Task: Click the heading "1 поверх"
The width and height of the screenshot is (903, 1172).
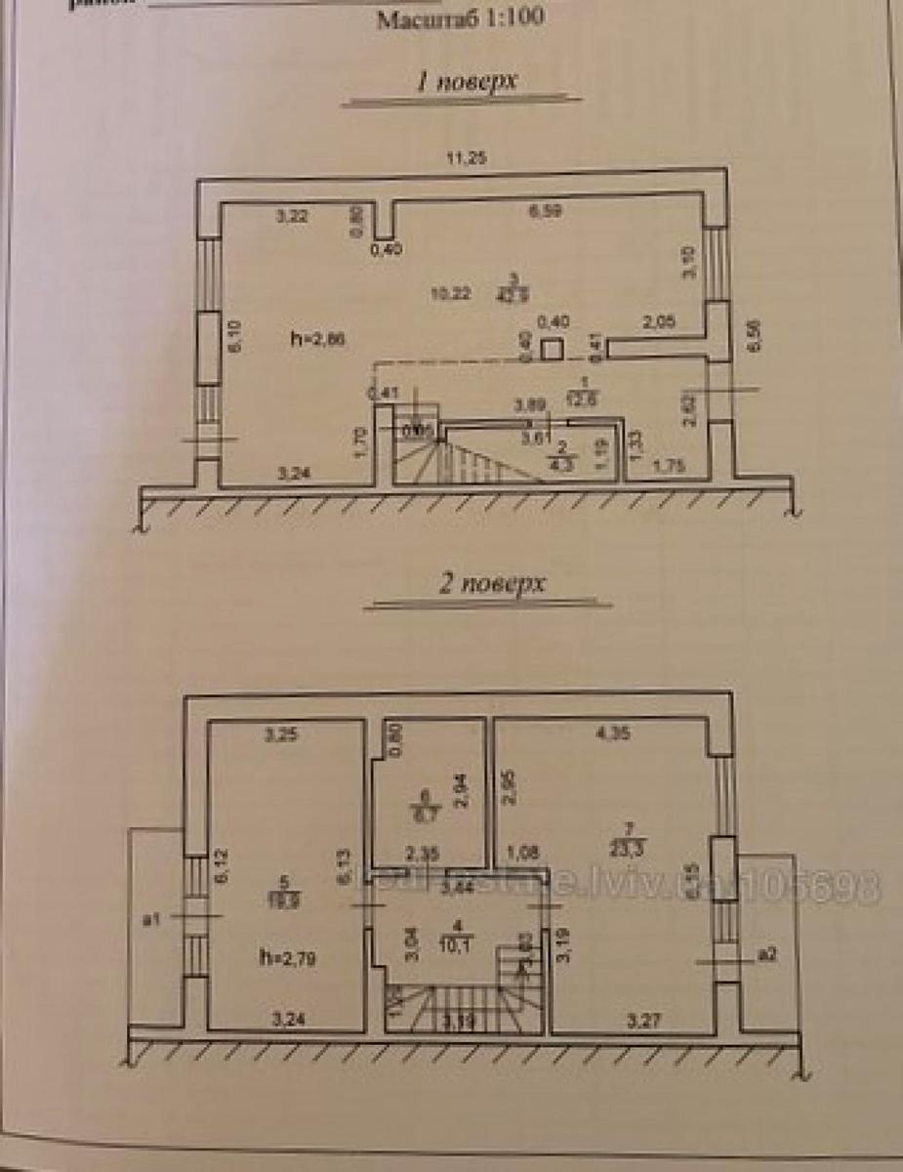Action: coord(465,82)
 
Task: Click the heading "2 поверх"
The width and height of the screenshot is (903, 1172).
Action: coord(487,586)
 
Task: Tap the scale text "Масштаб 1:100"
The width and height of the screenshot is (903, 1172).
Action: coord(461,18)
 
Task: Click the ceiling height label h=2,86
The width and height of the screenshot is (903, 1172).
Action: coord(317,338)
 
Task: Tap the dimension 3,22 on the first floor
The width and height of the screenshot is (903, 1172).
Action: coord(292,217)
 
